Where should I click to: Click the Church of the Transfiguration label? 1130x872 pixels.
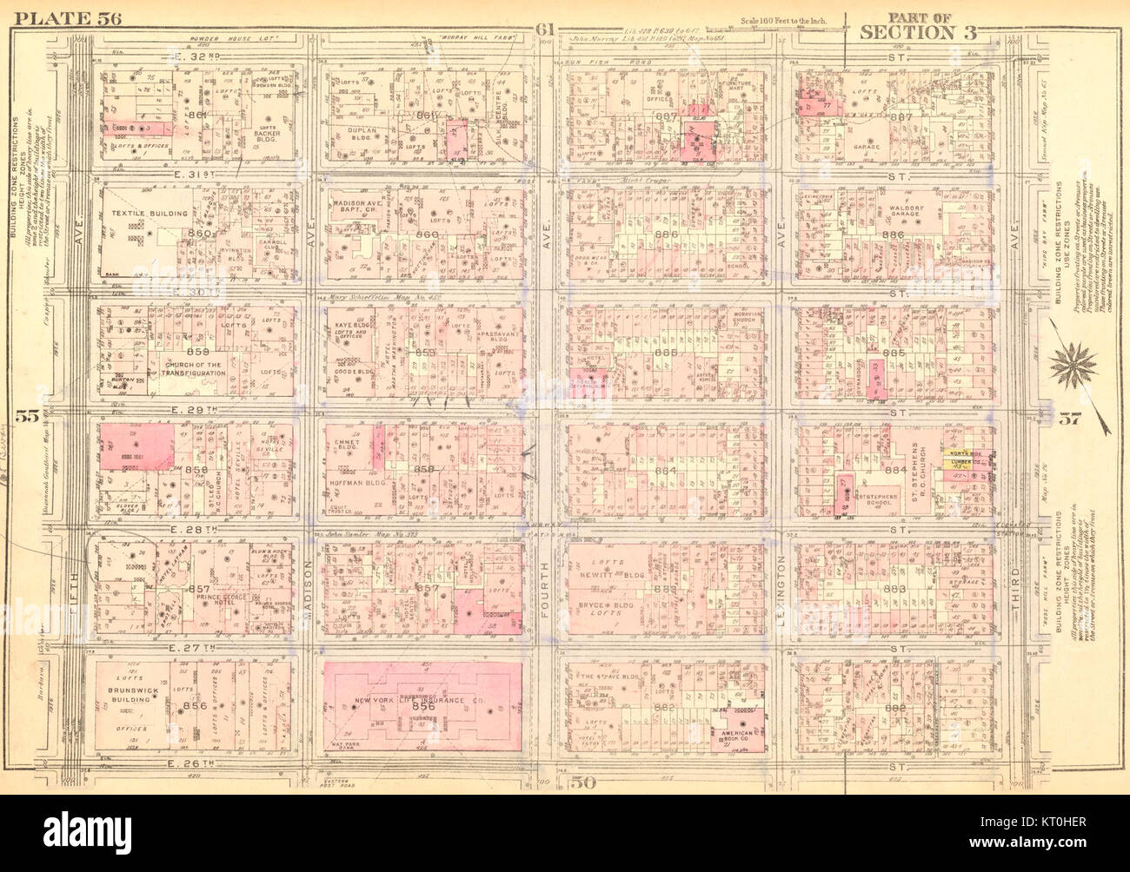[x=187, y=369]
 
